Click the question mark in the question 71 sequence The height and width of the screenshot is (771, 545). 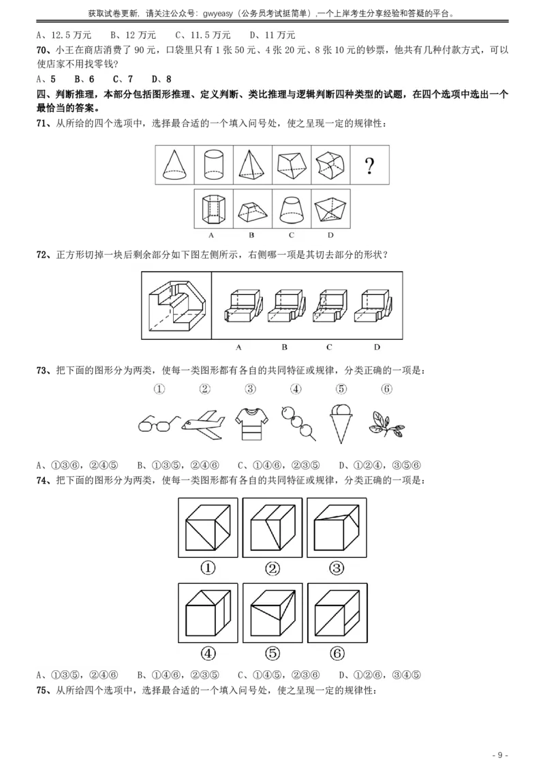point(369,166)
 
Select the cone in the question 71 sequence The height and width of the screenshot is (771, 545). point(174,166)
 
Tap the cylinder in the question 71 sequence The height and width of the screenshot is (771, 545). point(213,166)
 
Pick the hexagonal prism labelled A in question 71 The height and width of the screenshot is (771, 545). point(213,209)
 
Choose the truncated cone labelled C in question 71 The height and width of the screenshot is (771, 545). point(291,209)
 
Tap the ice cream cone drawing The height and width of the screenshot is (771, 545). point(341,424)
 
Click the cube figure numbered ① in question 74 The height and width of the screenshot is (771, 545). point(208,528)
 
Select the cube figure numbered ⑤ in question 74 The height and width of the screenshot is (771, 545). point(272,613)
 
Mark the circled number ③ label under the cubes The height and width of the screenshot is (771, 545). point(337,569)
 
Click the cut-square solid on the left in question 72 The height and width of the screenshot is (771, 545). point(176,305)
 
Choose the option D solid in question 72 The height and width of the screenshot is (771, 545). point(376,306)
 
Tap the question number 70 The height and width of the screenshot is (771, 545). point(42,50)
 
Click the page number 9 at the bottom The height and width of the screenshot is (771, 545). point(499,755)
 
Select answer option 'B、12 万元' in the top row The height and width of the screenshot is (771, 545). point(133,35)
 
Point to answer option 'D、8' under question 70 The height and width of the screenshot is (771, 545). point(161,79)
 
